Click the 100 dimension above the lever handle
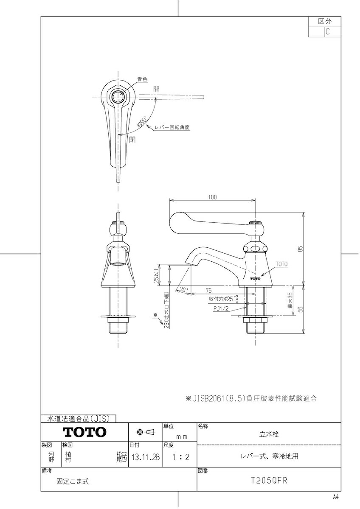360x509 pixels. (213, 197)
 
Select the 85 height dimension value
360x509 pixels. (300, 249)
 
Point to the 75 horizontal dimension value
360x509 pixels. (208, 291)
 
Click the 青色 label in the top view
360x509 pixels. (142, 79)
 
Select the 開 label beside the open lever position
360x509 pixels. (157, 89)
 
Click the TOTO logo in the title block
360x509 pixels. (84, 432)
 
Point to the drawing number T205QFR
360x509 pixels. (269, 481)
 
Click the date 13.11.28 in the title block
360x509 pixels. (146, 458)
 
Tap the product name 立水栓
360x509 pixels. (269, 434)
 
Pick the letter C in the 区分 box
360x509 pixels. (327, 31)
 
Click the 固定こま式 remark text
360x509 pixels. (73, 481)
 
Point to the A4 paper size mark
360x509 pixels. (336, 497)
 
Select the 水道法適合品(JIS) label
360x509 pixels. (79, 419)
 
